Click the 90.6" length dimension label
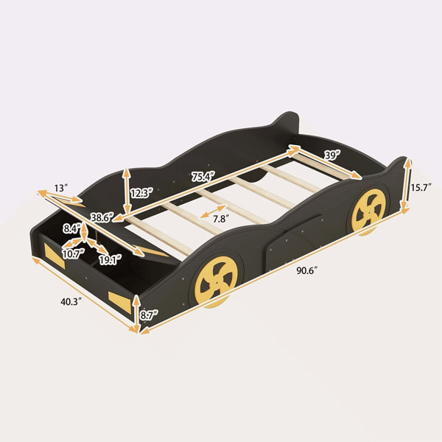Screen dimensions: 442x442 306,271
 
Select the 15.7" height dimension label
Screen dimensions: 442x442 421,187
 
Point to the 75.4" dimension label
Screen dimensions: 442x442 203,177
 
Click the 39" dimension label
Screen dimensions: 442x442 332,155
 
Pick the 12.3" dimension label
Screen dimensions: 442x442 141,193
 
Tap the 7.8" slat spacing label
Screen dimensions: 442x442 220,219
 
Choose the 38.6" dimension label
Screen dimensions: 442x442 102,217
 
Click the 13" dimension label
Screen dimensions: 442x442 61,188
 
